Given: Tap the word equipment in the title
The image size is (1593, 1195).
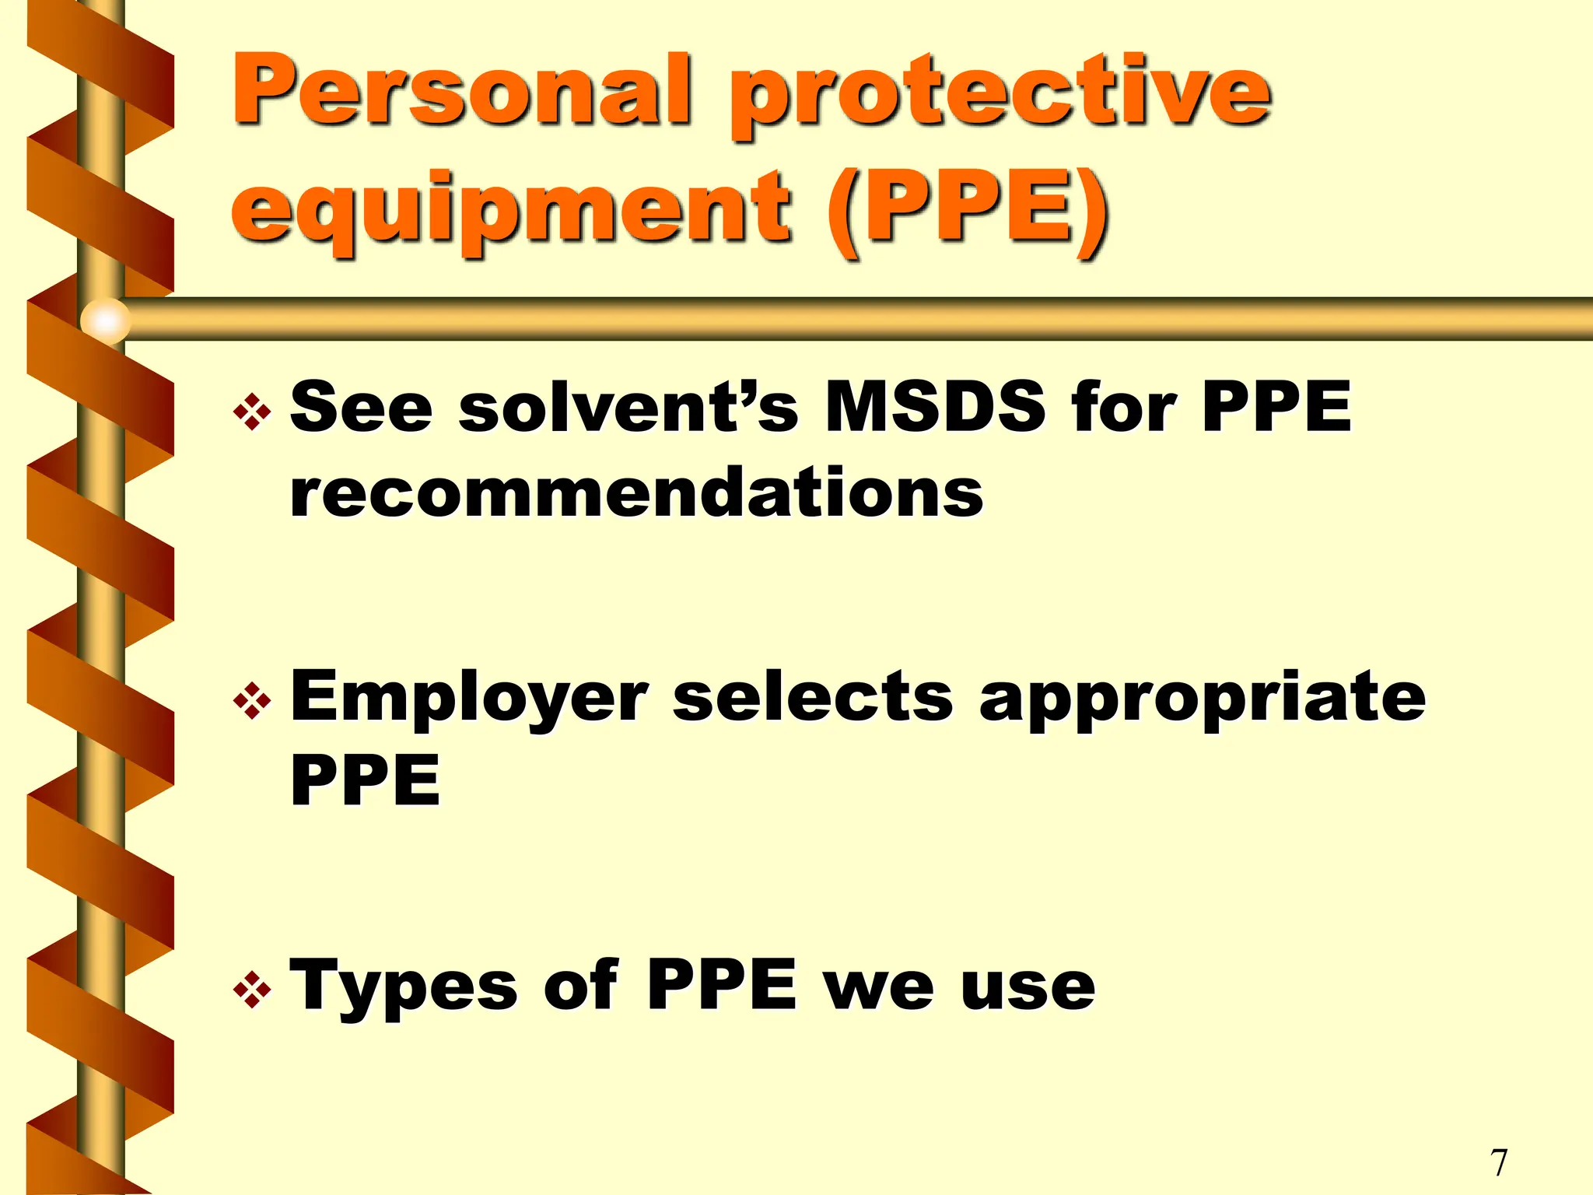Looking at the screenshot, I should (510, 209).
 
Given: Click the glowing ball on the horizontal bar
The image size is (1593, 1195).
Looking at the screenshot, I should (105, 320).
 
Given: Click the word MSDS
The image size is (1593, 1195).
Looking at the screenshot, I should (934, 406).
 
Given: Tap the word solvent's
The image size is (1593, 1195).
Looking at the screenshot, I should (628, 406).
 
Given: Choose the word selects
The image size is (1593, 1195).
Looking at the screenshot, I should (812, 696).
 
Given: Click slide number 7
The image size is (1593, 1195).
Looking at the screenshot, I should (1499, 1162).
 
